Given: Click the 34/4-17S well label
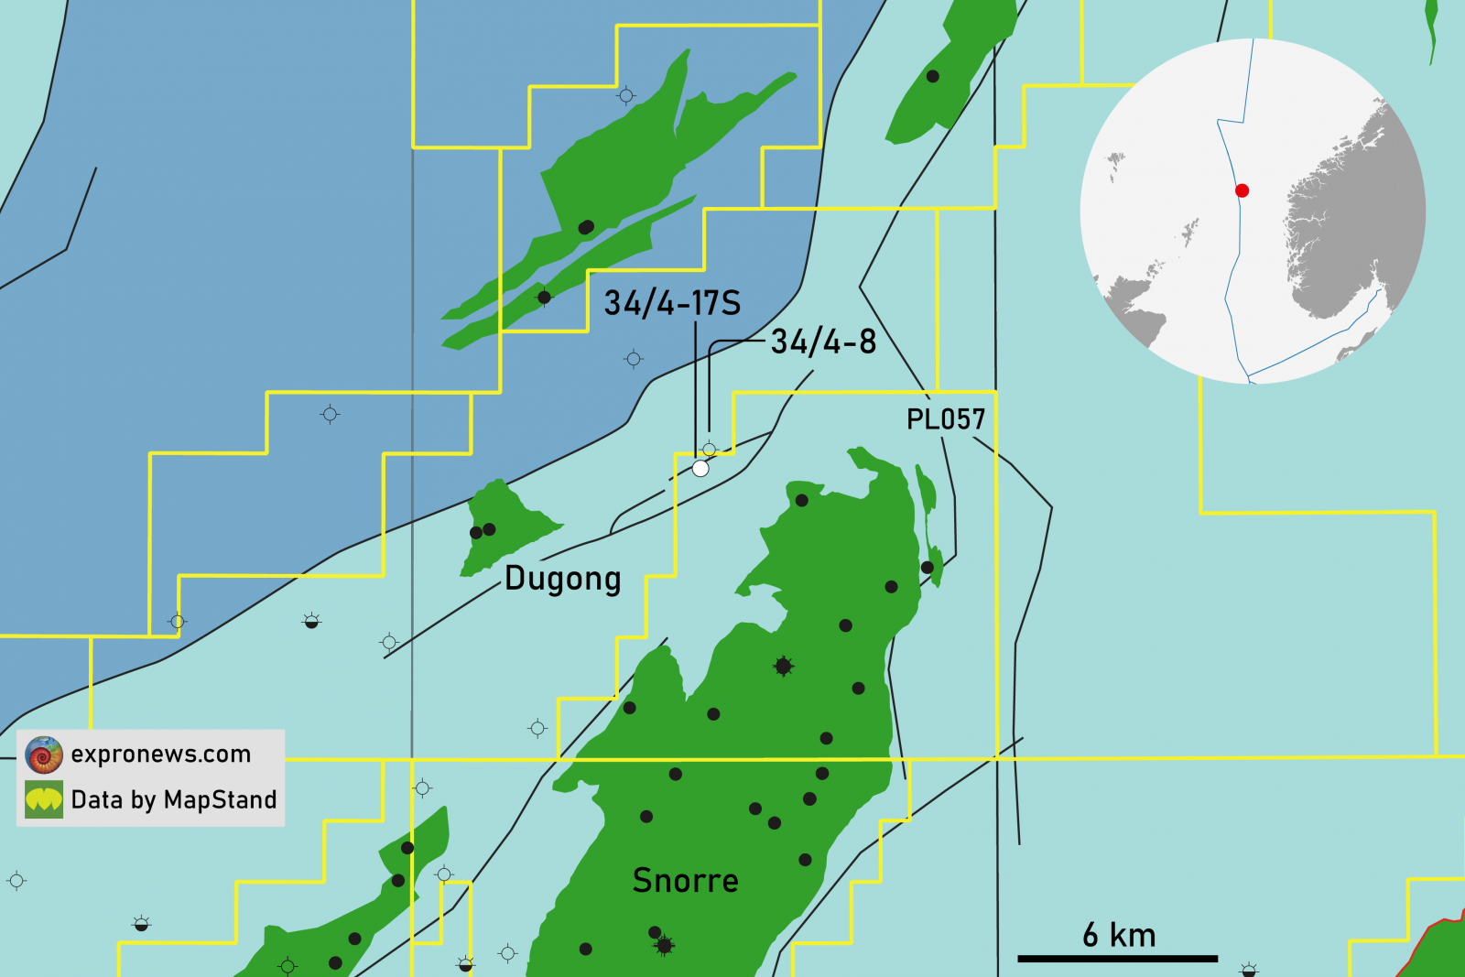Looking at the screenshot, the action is coord(672,303).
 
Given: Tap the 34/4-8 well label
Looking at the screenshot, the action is coord(823,342).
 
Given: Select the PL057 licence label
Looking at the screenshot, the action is coord(945,419).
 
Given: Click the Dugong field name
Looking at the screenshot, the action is coord(563,579).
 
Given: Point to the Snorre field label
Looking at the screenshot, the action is coord(685,880).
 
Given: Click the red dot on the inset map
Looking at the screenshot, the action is coord(1242,190).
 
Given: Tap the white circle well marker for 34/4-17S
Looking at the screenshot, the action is coord(700,469).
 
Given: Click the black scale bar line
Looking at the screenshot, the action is coord(1117,959).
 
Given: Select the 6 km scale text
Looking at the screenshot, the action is coord(1119,935).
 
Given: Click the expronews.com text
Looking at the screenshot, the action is coord(161,754).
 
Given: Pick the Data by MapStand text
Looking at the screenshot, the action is coord(174,799).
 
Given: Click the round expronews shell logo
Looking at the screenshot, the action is coord(44,754).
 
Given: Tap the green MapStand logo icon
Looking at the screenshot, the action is coord(44,799).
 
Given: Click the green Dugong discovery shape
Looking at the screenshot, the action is coord(499,526).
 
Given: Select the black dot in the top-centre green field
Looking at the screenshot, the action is coord(587,227).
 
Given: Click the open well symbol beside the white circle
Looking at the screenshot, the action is coord(709,450).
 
